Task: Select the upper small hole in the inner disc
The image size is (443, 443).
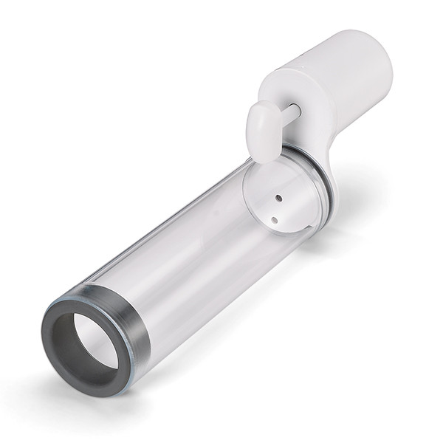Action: (278, 198)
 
